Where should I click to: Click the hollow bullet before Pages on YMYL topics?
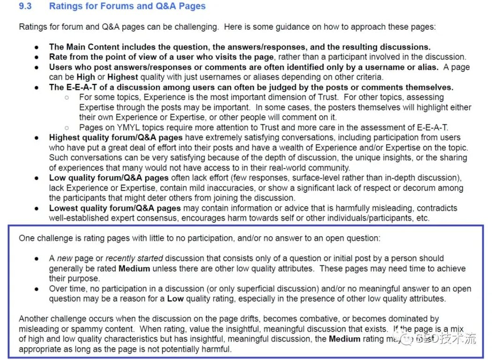click(67, 127)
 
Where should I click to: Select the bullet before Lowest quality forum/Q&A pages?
click(37, 208)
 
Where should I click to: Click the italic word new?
click(65, 258)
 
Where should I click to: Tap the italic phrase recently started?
click(134, 258)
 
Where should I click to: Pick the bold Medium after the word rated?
click(134, 269)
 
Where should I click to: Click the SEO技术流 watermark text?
click(446, 338)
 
